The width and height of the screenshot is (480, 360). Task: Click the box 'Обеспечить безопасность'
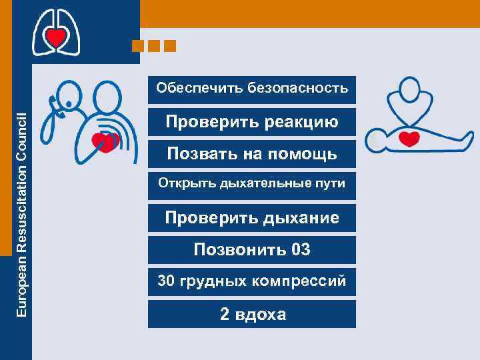pos(252,89)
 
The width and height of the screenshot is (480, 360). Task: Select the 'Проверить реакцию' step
pos(252,122)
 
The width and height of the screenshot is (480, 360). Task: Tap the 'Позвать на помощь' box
pos(252,155)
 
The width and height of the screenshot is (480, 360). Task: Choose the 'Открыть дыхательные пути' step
pos(252,183)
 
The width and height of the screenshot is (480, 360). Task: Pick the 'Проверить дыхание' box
pos(252,218)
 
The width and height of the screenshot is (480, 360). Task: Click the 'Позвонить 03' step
pos(252,250)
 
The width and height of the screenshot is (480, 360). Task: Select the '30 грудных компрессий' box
pos(252,281)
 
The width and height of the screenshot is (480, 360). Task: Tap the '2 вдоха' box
pos(252,314)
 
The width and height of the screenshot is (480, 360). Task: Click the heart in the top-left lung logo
pos(56,39)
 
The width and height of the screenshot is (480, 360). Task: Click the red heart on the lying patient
pos(409,139)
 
